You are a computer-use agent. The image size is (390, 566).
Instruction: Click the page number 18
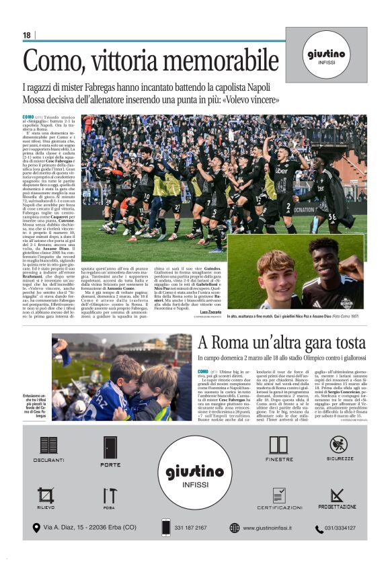(26, 35)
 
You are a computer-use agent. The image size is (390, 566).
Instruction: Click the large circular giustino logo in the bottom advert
(196, 470)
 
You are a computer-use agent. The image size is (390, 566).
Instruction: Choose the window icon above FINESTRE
(278, 445)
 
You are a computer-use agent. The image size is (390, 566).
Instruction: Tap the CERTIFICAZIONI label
(278, 508)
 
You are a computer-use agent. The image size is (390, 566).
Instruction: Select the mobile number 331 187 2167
(190, 528)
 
